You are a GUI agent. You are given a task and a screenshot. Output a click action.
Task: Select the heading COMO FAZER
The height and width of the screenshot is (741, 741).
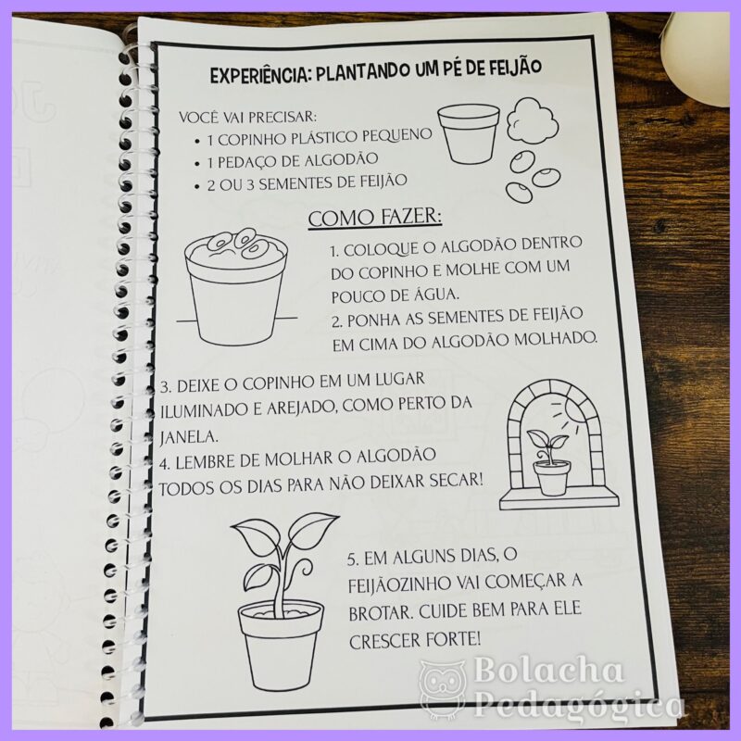(x=375, y=218)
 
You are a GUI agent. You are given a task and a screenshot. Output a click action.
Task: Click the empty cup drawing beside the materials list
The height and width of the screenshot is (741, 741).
(x=469, y=133)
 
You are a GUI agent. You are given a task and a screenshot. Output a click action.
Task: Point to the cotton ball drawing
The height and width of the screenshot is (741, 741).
(x=533, y=119)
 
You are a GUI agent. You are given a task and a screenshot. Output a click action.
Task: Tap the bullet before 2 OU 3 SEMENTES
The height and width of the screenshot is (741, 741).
(x=196, y=187)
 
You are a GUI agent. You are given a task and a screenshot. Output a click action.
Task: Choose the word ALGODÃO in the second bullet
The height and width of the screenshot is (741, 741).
(x=341, y=159)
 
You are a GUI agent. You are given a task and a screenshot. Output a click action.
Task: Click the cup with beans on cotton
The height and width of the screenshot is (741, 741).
(x=236, y=285)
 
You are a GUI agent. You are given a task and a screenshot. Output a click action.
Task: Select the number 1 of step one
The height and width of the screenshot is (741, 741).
(x=333, y=250)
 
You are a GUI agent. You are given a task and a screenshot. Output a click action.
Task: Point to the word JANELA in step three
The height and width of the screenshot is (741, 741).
(x=189, y=436)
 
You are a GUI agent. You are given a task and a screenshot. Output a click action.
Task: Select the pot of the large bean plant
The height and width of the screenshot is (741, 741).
(x=281, y=646)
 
